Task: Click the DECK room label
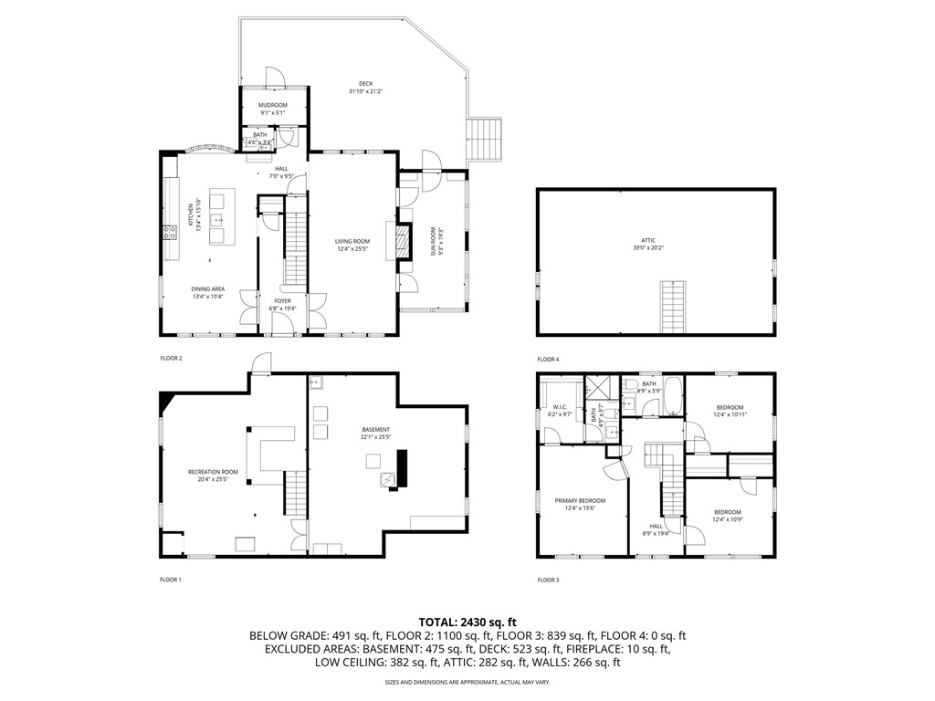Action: pyautogui.click(x=365, y=88)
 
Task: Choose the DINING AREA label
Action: pyautogui.click(x=207, y=292)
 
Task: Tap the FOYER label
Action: pyautogui.click(x=283, y=304)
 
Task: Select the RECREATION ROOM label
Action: pyautogui.click(x=213, y=476)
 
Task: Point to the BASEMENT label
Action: pyautogui.click(x=375, y=433)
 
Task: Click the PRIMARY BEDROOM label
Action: pyautogui.click(x=580, y=504)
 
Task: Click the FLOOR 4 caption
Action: pyautogui.click(x=548, y=360)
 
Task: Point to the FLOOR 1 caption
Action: pyautogui.click(x=171, y=580)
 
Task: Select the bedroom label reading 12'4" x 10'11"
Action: pyautogui.click(x=730, y=411)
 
